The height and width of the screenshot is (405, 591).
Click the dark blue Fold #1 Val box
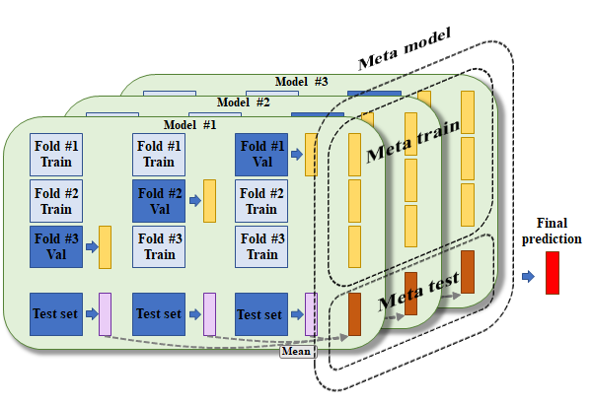point(261,155)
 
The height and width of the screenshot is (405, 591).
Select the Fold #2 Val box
point(159,201)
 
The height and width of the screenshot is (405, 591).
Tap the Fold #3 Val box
point(56,247)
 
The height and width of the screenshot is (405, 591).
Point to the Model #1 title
point(190,125)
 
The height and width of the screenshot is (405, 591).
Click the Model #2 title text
point(243,102)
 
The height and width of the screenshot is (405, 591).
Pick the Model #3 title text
point(302,82)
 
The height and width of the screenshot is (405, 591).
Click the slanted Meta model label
point(405,49)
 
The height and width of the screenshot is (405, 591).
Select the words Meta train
point(413,141)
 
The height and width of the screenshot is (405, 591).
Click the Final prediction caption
point(552,232)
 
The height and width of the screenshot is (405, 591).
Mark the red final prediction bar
point(553,273)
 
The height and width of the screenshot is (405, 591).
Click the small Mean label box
point(298,352)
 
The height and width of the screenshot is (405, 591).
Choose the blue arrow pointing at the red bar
point(529,277)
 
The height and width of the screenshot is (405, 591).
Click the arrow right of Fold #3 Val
point(92,247)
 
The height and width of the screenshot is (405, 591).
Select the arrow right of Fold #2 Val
point(195,201)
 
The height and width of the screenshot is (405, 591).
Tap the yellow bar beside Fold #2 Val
point(209,201)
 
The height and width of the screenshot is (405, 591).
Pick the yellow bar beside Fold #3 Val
point(106,247)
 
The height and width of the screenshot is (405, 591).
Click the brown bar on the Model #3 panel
point(468,272)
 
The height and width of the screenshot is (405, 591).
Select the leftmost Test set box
point(56,314)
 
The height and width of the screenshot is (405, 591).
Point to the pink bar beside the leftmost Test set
point(106,314)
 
